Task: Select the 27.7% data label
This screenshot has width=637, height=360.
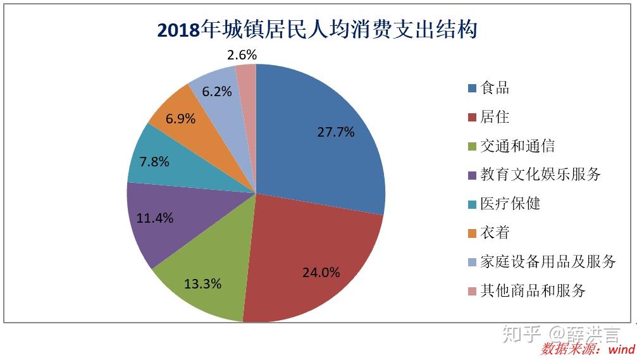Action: click(x=335, y=132)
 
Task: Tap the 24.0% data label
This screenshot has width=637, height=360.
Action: click(x=321, y=273)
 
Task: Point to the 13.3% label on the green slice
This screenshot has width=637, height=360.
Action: click(x=202, y=283)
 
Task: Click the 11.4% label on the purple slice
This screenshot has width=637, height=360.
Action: click(x=154, y=218)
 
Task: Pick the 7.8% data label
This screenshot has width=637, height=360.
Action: click(x=154, y=161)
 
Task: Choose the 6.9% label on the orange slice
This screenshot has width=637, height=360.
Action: click(x=180, y=118)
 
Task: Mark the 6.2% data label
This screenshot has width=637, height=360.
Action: click(x=216, y=91)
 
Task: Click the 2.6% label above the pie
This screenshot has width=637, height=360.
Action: click(x=242, y=55)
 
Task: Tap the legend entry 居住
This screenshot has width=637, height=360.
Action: click(x=495, y=117)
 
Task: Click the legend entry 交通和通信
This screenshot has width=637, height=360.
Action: click(x=517, y=146)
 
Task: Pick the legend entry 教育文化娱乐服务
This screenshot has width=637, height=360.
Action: click(x=540, y=175)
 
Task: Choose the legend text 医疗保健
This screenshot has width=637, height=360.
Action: click(x=510, y=204)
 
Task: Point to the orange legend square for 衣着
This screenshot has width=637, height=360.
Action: click(x=472, y=233)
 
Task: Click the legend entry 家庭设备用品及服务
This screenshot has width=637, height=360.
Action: click(x=548, y=261)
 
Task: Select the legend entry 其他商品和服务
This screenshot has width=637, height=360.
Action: click(x=533, y=290)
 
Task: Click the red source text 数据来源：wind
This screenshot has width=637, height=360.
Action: click(x=588, y=349)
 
